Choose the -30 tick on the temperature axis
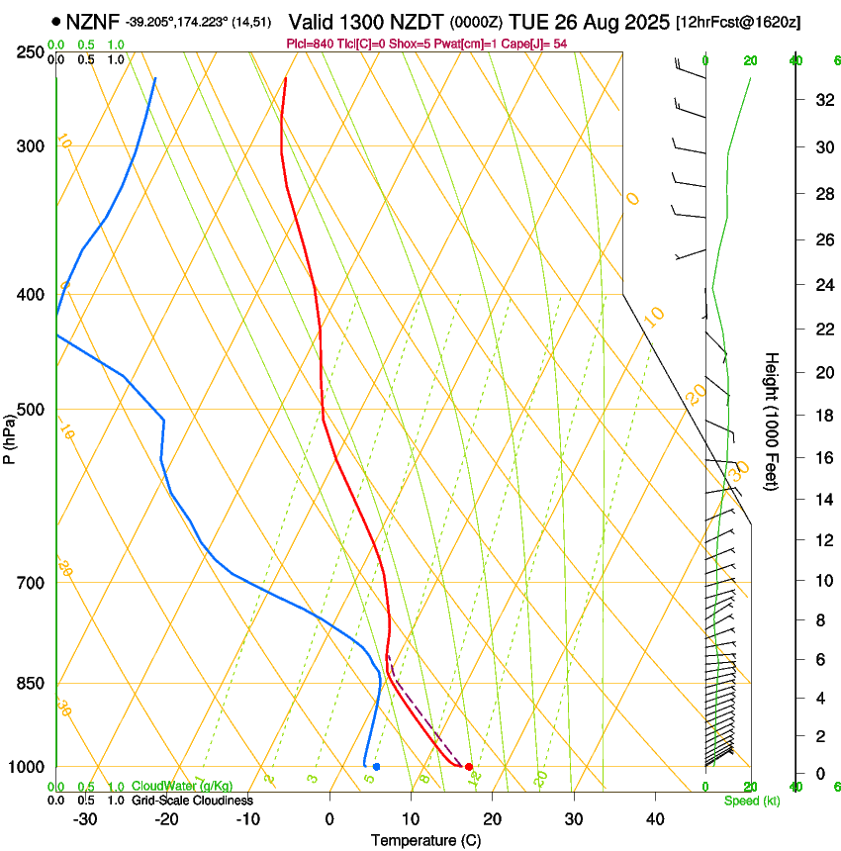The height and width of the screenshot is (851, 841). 85,819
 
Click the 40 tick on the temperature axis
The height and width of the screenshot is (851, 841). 654,819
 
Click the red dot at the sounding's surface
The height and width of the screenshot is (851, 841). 469,767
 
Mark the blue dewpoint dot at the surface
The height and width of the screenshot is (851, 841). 376,767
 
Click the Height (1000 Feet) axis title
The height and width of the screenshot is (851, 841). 772,421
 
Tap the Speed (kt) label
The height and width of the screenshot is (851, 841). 751,801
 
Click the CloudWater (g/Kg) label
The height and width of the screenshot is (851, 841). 182,787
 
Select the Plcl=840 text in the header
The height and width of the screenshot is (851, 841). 311,44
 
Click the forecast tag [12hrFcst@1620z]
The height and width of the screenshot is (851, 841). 738,22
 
